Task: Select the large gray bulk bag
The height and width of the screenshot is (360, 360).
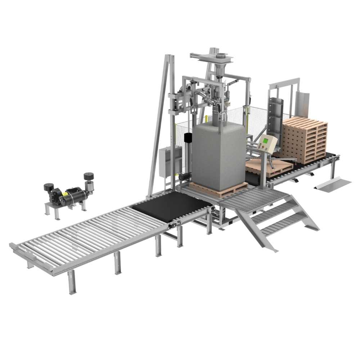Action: click(219, 155)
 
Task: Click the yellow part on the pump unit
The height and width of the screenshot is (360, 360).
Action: click(65, 194)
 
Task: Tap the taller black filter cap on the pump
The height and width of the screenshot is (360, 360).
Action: click(89, 176)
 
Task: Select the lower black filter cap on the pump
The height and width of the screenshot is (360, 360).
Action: click(49, 187)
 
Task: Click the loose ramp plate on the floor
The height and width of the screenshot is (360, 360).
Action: click(333, 184)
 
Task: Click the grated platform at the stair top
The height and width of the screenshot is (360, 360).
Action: click(248, 198)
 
